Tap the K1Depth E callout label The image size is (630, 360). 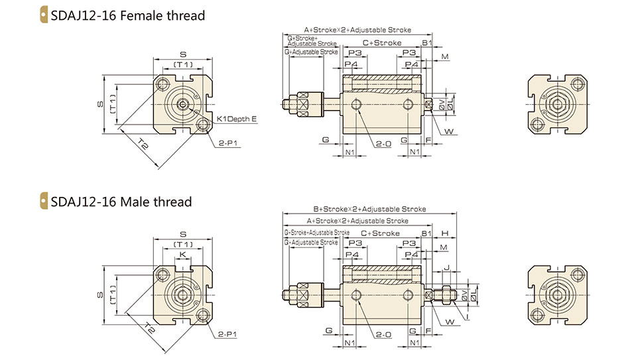pyautogui.click(x=237, y=119)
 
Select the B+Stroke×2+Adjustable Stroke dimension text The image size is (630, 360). pyautogui.click(x=369, y=209)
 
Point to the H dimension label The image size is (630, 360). pyautogui.click(x=446, y=233)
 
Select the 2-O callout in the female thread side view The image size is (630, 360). pyautogui.click(x=383, y=143)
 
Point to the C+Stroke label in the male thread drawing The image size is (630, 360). pyautogui.click(x=381, y=233)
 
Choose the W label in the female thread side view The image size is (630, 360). pyautogui.click(x=449, y=132)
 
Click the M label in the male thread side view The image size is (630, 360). pyautogui.click(x=444, y=247)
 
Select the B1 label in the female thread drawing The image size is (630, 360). pyautogui.click(x=427, y=43)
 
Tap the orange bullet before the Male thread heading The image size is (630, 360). pyautogui.click(x=44, y=202)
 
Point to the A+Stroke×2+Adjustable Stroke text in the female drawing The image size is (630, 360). pyautogui.click(x=357, y=30)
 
